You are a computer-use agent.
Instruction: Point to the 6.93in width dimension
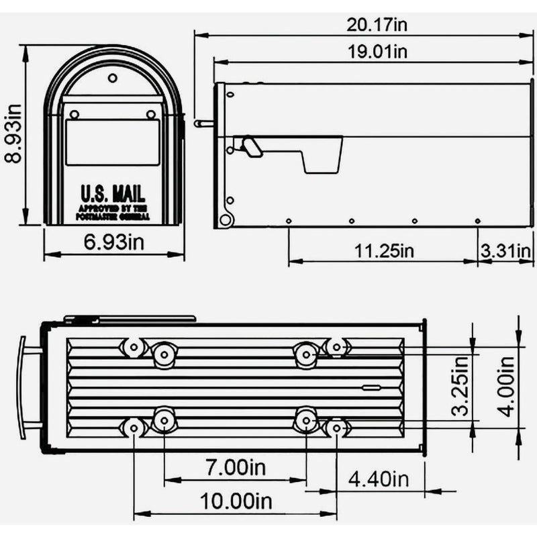point(113,243)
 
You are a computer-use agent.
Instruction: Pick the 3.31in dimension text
point(507,250)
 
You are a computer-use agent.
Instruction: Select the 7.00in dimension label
point(235,467)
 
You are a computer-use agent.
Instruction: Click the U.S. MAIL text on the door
point(113,195)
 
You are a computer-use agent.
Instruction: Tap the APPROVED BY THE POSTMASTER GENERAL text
point(113,213)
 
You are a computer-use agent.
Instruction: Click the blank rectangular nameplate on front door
point(113,142)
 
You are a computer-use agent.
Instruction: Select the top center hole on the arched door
point(113,78)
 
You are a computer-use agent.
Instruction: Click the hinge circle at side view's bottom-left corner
point(226,219)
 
